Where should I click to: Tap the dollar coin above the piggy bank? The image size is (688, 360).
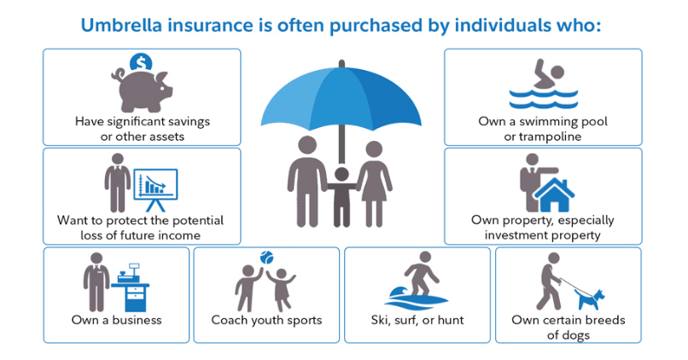point(141,61)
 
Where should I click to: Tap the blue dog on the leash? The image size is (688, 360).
point(590,299)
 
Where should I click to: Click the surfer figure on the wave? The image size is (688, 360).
point(418,276)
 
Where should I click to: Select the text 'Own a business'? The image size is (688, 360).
point(117,321)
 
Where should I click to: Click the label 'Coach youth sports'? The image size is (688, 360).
point(266,321)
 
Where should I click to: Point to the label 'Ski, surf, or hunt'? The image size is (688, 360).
point(417,321)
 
